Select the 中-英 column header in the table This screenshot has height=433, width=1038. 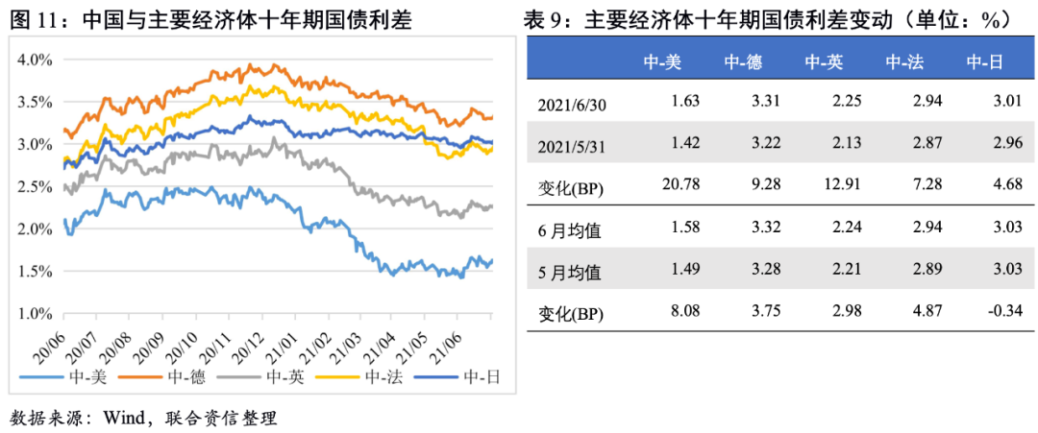(824, 63)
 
